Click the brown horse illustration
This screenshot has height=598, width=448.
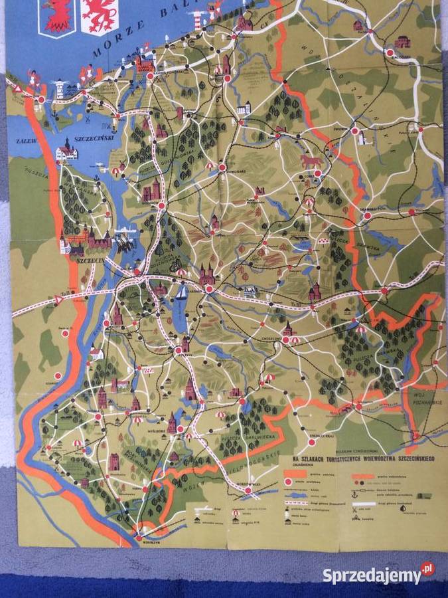(x=310, y=161)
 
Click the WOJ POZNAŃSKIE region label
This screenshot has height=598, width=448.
(x=424, y=397)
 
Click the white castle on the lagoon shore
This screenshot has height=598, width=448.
(x=66, y=151)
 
